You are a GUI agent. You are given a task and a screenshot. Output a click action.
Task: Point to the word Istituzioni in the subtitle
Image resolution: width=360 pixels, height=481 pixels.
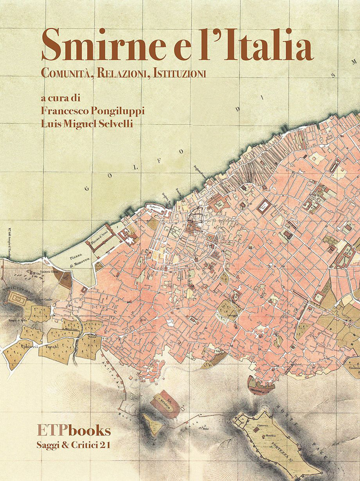point(179,74)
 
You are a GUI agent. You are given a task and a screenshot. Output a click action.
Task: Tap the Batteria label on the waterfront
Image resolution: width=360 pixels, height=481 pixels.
point(154,208)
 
